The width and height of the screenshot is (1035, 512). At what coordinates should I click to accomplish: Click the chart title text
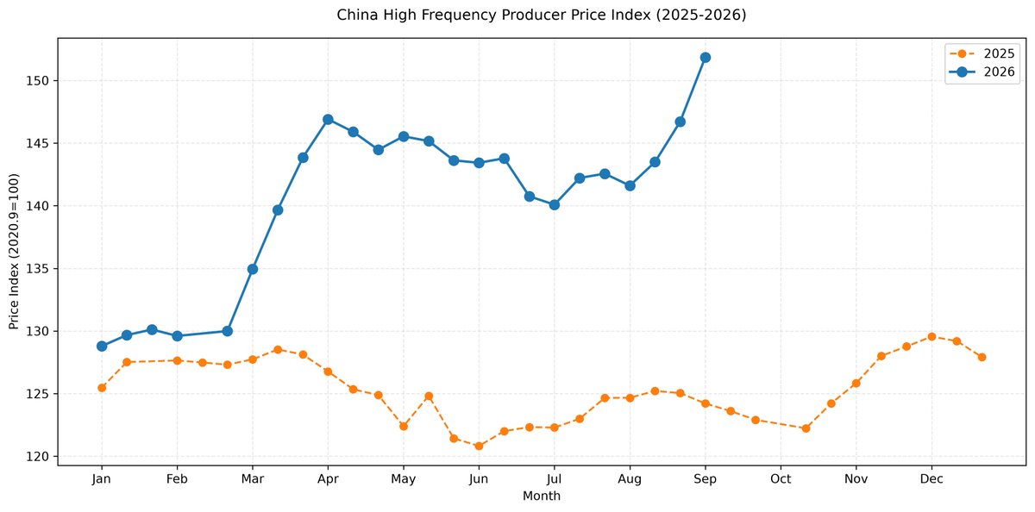[541, 16]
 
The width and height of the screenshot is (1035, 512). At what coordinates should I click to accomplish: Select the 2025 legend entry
[982, 54]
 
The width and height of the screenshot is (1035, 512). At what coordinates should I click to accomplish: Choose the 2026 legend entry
[982, 72]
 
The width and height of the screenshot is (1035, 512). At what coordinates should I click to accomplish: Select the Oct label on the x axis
[781, 479]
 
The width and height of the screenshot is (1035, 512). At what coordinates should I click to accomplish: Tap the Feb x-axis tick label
[177, 479]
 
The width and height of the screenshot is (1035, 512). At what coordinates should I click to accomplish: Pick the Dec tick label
[931, 479]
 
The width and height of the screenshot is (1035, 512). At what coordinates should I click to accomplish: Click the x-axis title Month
[541, 496]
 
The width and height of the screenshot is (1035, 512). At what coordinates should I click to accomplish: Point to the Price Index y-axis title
[14, 252]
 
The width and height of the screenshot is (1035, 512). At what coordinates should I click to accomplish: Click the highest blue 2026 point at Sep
[706, 58]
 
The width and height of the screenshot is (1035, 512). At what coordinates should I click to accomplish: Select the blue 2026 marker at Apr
[328, 120]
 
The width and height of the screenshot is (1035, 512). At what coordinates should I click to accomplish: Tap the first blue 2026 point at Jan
[102, 347]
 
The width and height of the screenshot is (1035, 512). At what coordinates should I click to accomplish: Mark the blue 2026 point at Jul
[555, 205]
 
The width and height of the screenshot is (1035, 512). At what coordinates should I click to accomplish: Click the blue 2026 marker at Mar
[252, 269]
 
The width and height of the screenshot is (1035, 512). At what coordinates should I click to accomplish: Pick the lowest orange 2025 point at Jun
[479, 446]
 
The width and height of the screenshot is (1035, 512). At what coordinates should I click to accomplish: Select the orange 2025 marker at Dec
[931, 337]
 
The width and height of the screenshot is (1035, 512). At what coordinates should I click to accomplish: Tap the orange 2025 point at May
[404, 426]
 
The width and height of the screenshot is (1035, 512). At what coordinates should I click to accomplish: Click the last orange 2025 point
[982, 358]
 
